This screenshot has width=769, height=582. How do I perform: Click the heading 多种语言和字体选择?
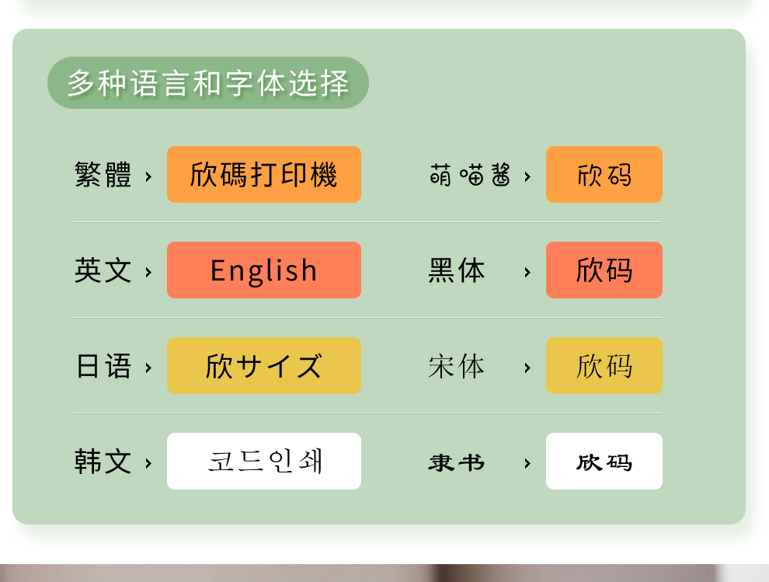pyautogui.click(x=208, y=83)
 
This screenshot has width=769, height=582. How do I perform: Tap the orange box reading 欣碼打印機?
pyautogui.click(x=264, y=174)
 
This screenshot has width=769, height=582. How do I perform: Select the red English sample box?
pyautogui.click(x=264, y=270)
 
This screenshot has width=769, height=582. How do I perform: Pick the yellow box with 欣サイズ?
pyautogui.click(x=264, y=365)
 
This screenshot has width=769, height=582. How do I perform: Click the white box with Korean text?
pyautogui.click(x=264, y=462)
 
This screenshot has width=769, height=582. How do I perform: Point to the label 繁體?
pyautogui.click(x=103, y=175)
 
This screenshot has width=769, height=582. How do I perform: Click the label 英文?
pyautogui.click(x=103, y=270)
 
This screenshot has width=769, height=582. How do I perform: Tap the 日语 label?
pyautogui.click(x=103, y=366)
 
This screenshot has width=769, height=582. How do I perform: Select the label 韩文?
pyautogui.click(x=103, y=462)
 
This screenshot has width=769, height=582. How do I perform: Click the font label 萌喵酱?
pyautogui.click(x=470, y=175)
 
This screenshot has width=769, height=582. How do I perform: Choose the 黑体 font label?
pyautogui.click(x=457, y=270)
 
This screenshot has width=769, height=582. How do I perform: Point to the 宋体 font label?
pyautogui.click(x=457, y=366)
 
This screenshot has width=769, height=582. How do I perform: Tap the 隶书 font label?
pyautogui.click(x=457, y=463)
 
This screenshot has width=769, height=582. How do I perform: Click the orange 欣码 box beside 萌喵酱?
pyautogui.click(x=604, y=174)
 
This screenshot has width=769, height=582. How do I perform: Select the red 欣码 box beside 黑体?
pyautogui.click(x=604, y=270)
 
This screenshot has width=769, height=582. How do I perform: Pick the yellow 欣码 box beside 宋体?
pyautogui.click(x=604, y=365)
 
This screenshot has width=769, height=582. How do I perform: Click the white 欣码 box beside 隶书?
pyautogui.click(x=604, y=462)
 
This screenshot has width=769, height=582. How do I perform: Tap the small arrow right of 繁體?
pyautogui.click(x=148, y=176)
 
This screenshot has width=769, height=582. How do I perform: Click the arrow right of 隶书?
pyautogui.click(x=527, y=463)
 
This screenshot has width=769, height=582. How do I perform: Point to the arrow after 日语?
pyautogui.click(x=148, y=368)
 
